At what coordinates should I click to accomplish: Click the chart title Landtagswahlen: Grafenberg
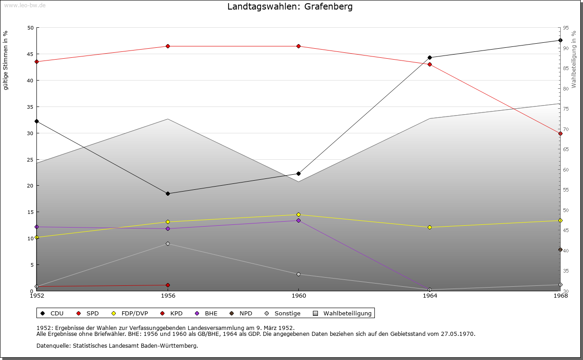click(x=290, y=7)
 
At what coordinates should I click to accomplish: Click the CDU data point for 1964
click(x=430, y=58)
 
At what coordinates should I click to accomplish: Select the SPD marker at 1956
click(x=168, y=46)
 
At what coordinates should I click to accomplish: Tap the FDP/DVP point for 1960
click(x=298, y=215)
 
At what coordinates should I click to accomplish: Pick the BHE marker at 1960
click(x=298, y=221)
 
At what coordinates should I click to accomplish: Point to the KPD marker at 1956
click(x=168, y=285)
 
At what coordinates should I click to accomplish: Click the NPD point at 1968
click(x=560, y=250)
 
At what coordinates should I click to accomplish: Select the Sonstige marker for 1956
click(x=168, y=244)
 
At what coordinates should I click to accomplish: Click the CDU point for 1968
click(x=560, y=41)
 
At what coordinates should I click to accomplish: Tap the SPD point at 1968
click(x=560, y=134)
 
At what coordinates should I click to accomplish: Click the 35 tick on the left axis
click(x=31, y=107)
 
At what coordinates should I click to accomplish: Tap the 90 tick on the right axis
click(x=565, y=48)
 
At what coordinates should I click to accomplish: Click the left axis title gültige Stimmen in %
click(x=6, y=61)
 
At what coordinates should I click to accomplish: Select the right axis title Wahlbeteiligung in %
click(x=574, y=59)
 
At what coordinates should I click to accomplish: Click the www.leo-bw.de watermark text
click(x=24, y=5)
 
